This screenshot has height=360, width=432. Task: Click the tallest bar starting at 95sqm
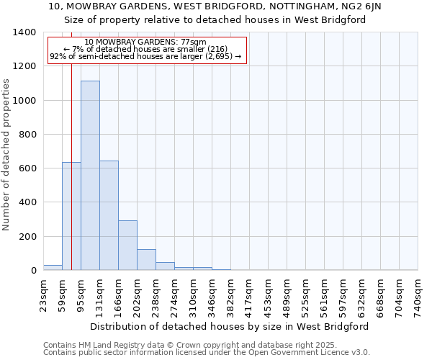[x=90, y=176]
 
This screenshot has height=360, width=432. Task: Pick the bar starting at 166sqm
[x=127, y=246]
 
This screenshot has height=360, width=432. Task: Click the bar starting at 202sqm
[x=146, y=260]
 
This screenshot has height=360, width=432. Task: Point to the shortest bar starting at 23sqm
[x=53, y=268]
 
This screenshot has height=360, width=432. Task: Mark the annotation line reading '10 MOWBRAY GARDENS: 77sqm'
[x=145, y=42]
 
